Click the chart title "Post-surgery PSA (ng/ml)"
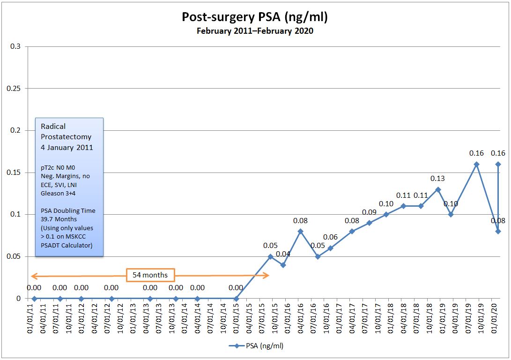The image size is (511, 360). click(x=255, y=17)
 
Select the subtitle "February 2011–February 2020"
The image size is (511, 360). click(x=255, y=31)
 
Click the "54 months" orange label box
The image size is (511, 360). click(x=150, y=275)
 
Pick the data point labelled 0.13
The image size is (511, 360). click(x=438, y=189)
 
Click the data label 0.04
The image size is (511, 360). click(x=283, y=255)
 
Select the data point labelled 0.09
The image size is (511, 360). click(x=369, y=223)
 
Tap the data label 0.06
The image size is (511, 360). click(x=330, y=237)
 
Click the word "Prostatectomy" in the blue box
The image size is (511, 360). click(x=66, y=137)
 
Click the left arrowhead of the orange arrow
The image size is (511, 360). click(x=32, y=276)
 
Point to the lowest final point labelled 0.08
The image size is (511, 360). click(x=498, y=231)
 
